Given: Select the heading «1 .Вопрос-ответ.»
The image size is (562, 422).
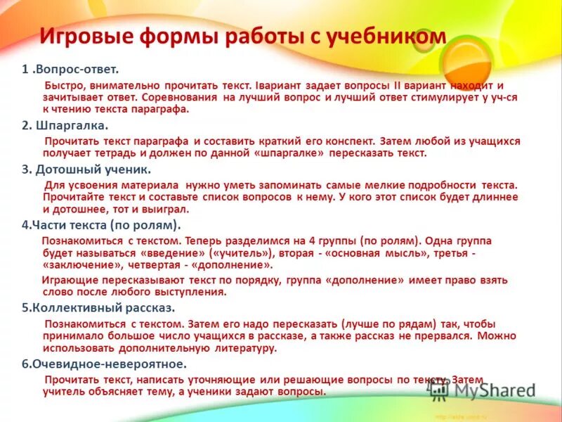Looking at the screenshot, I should coord(70,70).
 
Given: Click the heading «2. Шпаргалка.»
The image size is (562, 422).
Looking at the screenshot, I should coord(64,125).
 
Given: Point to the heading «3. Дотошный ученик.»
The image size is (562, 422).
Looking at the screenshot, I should coord(86,170).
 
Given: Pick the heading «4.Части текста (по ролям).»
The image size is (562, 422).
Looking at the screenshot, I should coord(101,225).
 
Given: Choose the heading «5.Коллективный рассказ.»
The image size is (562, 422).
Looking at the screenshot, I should coord(98,308).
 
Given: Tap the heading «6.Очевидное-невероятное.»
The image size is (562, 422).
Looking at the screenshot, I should coord(104,364).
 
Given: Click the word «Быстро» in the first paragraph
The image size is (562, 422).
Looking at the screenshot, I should coord(65,84).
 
